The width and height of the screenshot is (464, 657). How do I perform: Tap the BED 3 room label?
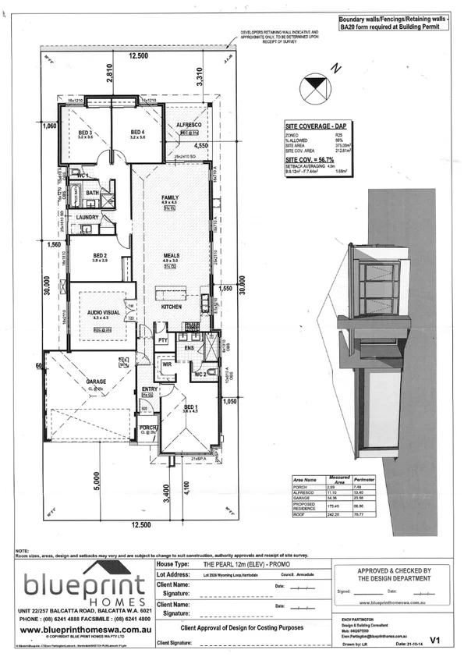[85, 133]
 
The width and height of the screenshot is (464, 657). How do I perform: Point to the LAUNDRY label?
[86, 218]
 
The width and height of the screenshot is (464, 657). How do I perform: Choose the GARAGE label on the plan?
[96, 382]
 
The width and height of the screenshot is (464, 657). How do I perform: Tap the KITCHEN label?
[172, 307]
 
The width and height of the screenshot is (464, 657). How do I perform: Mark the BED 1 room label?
[189, 407]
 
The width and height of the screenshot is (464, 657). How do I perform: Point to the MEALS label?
[172, 255]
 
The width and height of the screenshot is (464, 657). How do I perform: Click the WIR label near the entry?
[166, 364]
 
